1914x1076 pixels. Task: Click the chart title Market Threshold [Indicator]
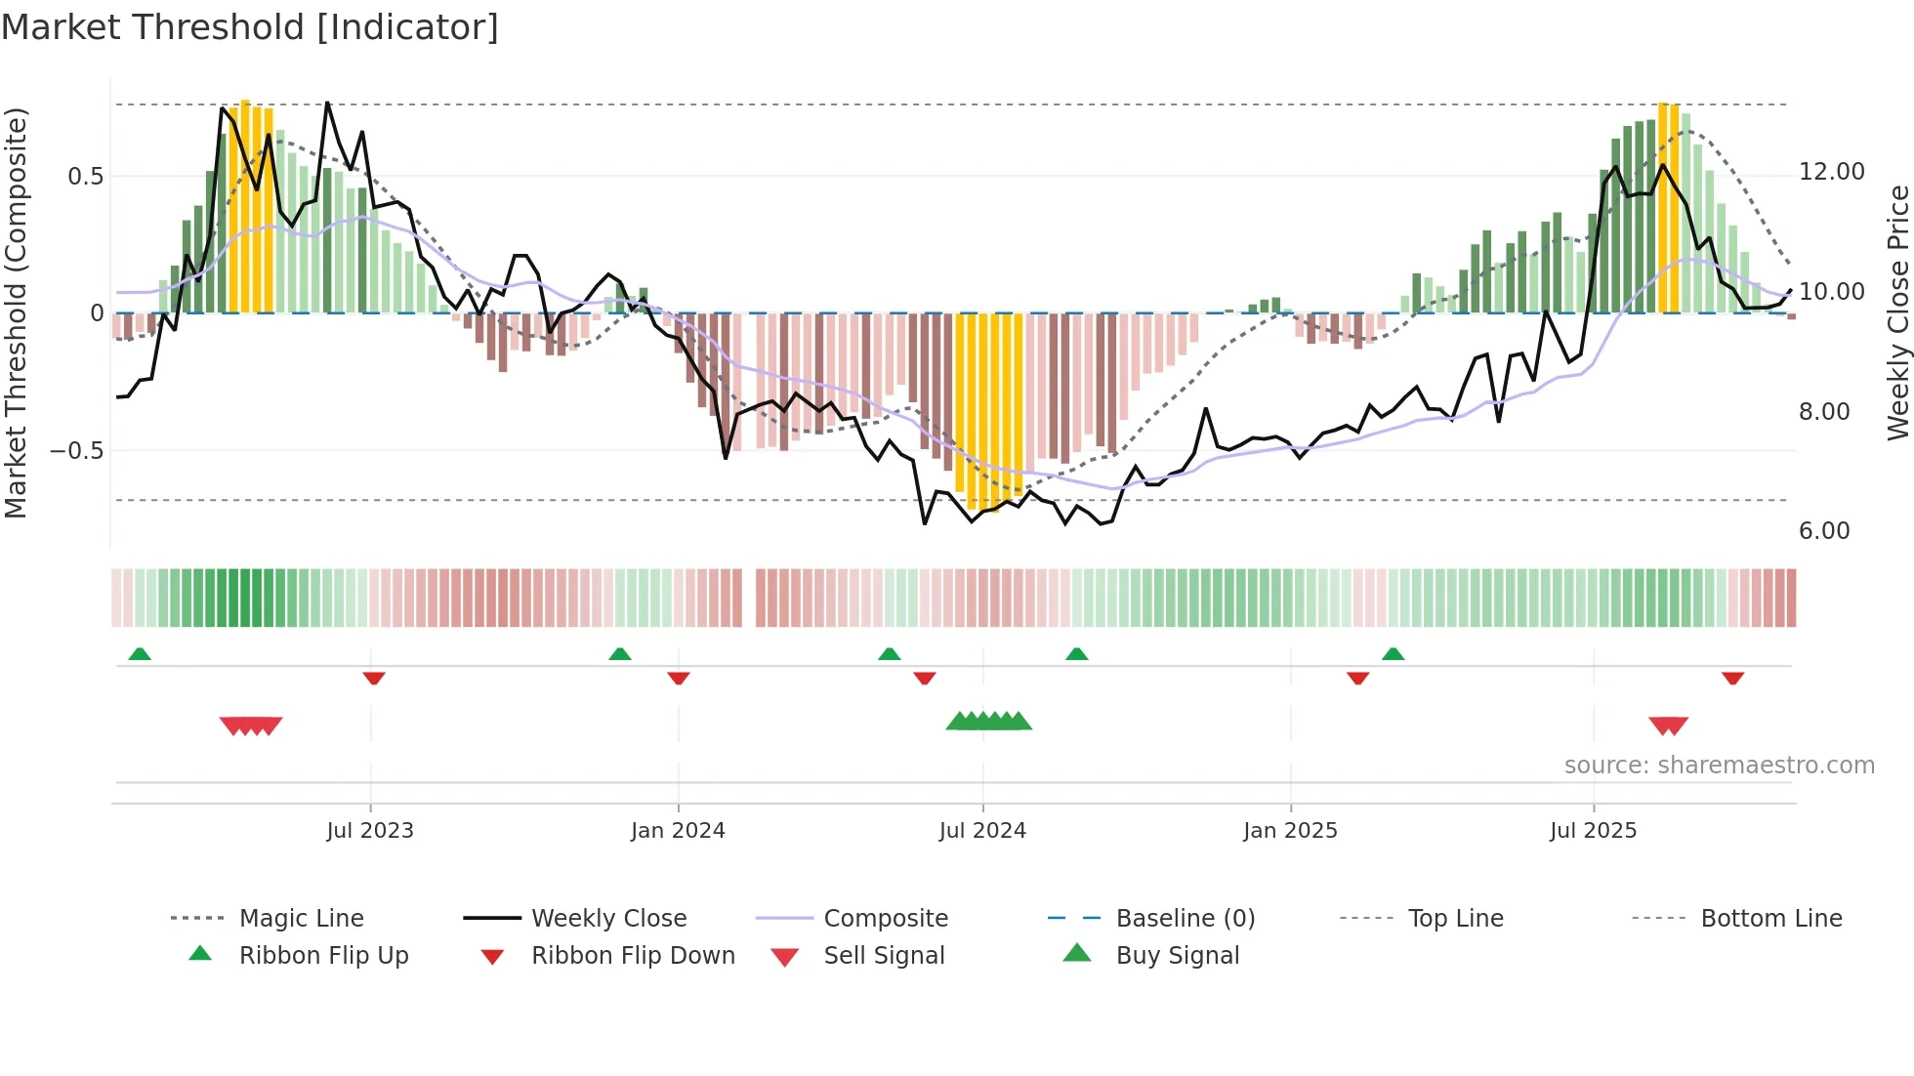click(250, 27)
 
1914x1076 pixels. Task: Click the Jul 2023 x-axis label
click(370, 830)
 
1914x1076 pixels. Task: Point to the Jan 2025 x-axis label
click(1290, 830)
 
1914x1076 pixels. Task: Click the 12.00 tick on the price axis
click(1831, 172)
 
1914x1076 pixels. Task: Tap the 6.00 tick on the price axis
click(1824, 531)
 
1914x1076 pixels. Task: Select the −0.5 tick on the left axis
click(76, 450)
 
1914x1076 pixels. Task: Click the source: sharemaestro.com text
click(1719, 765)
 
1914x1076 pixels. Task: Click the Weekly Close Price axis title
click(1897, 312)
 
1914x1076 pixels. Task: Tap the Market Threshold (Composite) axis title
click(16, 312)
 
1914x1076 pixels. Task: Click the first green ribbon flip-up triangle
click(140, 654)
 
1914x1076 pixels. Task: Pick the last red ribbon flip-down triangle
click(1733, 678)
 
